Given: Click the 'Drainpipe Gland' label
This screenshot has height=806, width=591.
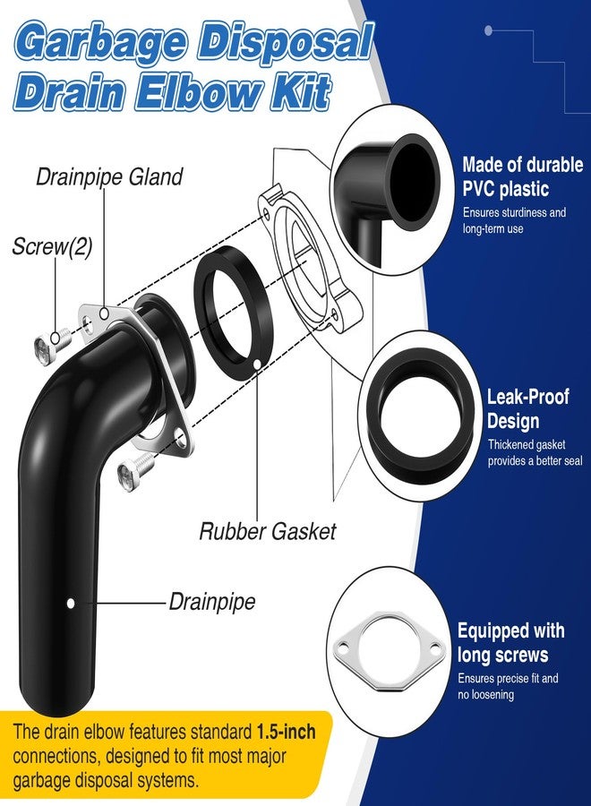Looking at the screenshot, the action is (109, 176).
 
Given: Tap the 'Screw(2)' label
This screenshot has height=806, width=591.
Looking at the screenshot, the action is (53, 247).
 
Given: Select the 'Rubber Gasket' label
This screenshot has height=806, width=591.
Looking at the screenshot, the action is (267, 531).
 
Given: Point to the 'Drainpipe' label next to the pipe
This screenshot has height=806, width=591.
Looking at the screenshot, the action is (211, 602).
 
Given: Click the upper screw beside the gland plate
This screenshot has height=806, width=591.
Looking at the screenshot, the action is (51, 341).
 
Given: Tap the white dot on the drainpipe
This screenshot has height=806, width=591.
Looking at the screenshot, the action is (71, 603).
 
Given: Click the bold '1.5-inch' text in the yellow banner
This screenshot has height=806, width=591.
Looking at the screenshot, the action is (287, 732).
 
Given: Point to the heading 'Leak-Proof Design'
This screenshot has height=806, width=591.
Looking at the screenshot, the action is (527, 408).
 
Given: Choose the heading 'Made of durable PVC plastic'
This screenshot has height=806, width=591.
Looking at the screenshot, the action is (523, 176).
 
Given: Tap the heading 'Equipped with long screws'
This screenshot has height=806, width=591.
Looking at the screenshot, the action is (510, 642).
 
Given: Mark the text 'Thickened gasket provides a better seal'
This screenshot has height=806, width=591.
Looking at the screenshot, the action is (535, 452).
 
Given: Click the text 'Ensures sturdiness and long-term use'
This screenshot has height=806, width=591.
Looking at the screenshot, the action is (514, 220).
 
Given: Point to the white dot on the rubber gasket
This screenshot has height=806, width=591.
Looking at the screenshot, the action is (256, 364).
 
